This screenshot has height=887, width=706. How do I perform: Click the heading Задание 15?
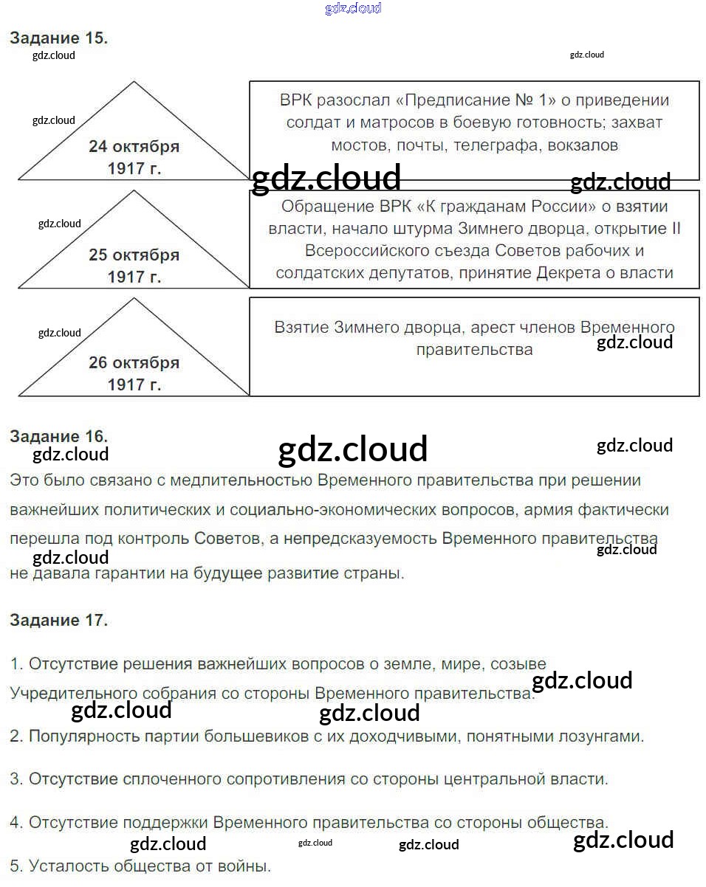coord(58,38)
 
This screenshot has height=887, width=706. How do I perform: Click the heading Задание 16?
coord(58,435)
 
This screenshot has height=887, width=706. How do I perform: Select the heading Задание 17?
coord(58,620)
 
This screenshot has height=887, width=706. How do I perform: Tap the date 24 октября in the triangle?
coord(134,146)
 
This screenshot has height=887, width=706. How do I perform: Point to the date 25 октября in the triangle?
coord(134,255)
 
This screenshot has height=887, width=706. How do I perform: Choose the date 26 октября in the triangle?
coord(134,363)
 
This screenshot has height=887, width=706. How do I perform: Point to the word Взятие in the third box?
coord(301,327)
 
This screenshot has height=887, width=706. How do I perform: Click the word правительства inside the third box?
coord(474,349)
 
